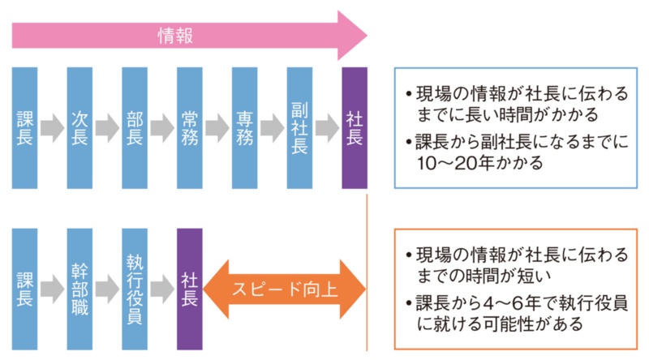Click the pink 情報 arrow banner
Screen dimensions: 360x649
(187, 35)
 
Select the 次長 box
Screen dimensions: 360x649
(80, 128)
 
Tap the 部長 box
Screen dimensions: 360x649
(135, 128)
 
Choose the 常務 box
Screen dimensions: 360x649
(189, 128)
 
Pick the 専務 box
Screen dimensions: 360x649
(244, 128)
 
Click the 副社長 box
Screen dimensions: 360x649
(299, 128)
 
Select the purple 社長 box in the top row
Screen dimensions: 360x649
(355, 128)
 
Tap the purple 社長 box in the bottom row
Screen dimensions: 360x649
(189, 289)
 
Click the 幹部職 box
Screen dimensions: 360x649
(80, 289)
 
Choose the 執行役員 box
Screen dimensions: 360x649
(135, 289)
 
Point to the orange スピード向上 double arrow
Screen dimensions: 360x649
(284, 289)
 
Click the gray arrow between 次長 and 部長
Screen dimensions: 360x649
(107, 129)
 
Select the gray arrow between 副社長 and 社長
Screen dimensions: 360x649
(327, 129)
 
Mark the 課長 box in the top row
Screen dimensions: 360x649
(24, 128)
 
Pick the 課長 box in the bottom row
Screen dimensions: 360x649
(24, 289)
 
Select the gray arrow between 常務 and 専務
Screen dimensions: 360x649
(217, 129)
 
